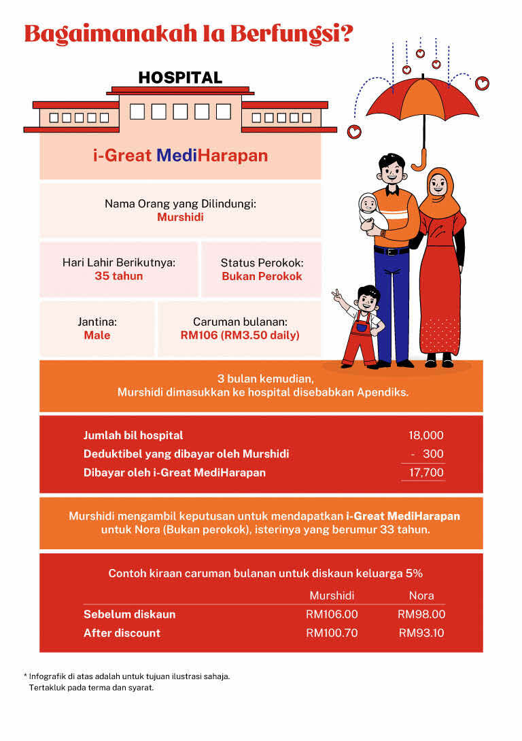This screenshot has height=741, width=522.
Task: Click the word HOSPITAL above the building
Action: [x=180, y=77]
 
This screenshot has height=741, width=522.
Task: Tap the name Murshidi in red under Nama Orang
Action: [x=180, y=218]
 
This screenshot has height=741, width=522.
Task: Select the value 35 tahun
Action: [x=119, y=276]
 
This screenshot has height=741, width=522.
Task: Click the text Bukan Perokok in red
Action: [x=262, y=276]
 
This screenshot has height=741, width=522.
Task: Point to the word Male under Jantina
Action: [x=97, y=335]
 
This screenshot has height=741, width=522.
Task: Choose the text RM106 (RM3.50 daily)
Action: [x=240, y=335]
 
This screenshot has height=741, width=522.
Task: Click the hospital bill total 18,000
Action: [x=425, y=436]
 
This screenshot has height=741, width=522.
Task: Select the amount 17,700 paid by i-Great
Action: [x=425, y=472]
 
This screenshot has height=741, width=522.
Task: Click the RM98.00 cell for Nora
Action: [x=421, y=615]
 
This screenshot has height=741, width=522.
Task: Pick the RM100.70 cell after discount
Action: [x=332, y=633]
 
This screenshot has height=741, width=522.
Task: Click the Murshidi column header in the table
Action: [x=332, y=596]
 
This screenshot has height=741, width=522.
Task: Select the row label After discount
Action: [x=122, y=633]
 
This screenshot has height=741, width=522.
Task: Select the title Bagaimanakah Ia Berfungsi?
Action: [x=188, y=33]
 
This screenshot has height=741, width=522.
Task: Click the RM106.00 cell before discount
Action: [x=332, y=615]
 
